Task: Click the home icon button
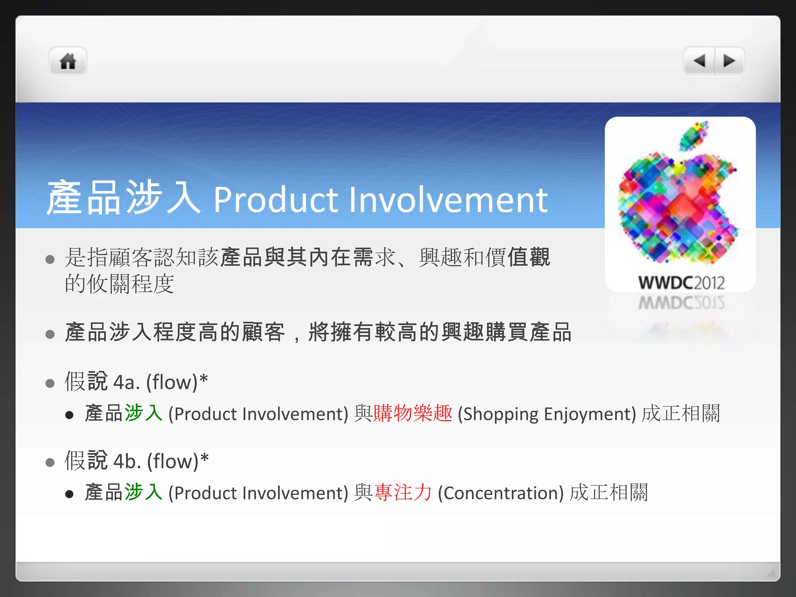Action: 68,61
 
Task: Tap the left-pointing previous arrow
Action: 700,61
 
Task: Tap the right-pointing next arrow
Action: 729,61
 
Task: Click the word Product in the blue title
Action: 276,200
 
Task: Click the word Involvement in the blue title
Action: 448,200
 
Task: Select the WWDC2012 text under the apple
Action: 681,283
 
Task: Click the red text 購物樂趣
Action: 413,413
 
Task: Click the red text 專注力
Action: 403,492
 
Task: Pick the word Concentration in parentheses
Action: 501,493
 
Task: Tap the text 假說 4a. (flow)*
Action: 136,382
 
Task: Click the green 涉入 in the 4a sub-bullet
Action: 143,413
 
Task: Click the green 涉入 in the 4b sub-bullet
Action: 143,492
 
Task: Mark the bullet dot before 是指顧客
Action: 50,259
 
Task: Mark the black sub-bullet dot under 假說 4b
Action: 70,494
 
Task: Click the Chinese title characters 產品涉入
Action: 123,198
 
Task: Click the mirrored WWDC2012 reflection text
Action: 681,303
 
